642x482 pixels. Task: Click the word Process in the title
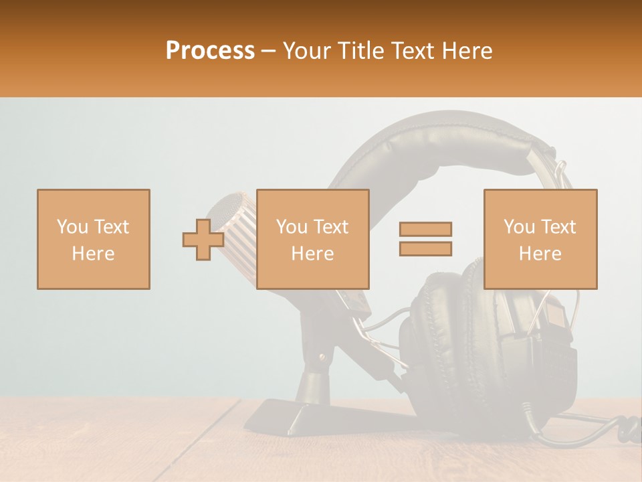(210, 51)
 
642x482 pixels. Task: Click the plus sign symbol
(203, 240)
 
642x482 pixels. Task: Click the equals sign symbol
(425, 239)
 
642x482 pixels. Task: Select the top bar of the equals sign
(425, 229)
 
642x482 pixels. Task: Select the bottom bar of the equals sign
(425, 249)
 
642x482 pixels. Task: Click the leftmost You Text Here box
(93, 239)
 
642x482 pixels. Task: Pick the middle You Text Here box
(312, 239)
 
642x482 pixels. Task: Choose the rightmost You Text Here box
(540, 239)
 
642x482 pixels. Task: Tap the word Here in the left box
(93, 253)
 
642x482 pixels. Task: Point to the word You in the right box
(519, 227)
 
